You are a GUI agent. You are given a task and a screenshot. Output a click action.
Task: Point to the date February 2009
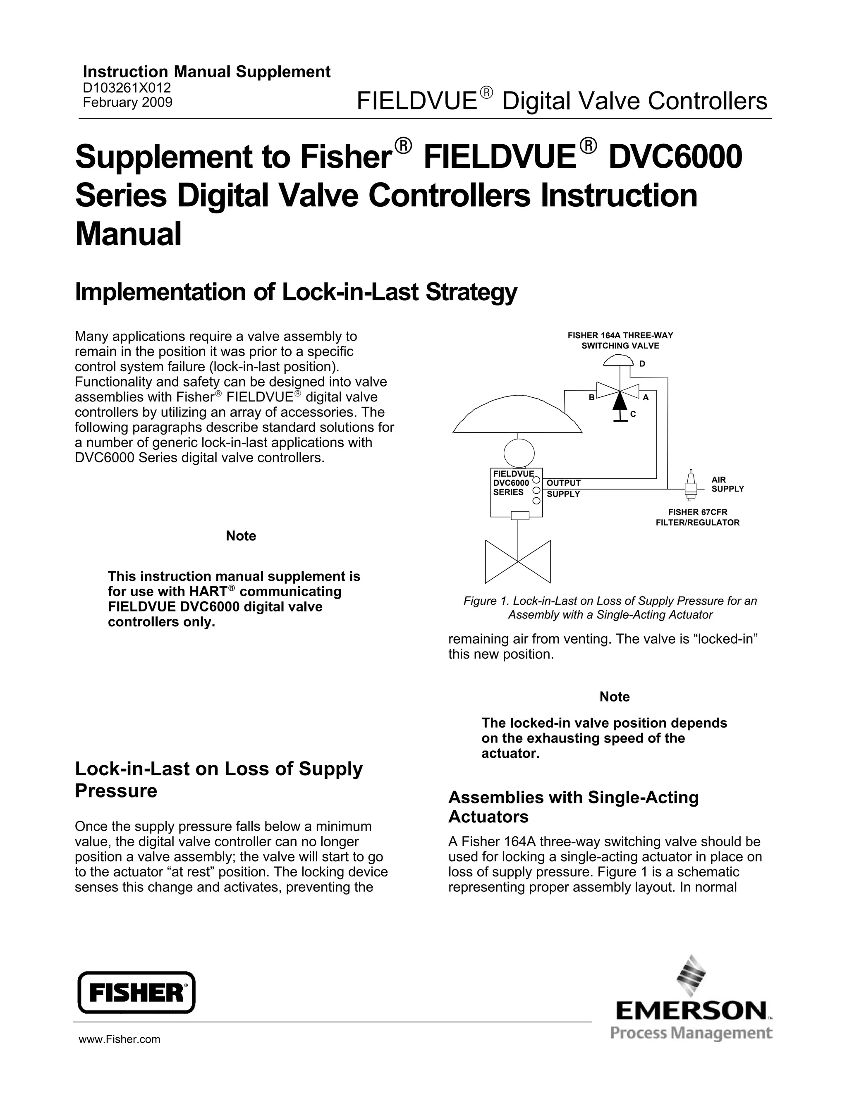127,103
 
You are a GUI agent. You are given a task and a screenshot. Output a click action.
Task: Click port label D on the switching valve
642,363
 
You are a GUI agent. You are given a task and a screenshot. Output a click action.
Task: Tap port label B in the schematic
591,397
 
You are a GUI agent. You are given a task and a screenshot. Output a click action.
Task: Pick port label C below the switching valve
633,414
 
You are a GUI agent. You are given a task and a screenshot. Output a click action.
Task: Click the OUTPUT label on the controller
563,483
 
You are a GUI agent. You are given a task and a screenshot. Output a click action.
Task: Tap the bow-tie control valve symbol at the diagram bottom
518,561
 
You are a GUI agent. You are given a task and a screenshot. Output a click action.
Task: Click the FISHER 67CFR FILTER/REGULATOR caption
697,517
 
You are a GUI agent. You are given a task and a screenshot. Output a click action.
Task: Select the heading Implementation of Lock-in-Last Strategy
296,292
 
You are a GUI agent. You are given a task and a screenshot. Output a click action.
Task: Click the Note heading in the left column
241,536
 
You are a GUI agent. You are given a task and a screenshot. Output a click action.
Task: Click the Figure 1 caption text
610,608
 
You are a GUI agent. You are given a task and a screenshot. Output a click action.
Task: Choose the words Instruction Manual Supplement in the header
206,72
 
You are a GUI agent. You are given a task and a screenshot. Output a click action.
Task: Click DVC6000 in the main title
675,156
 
